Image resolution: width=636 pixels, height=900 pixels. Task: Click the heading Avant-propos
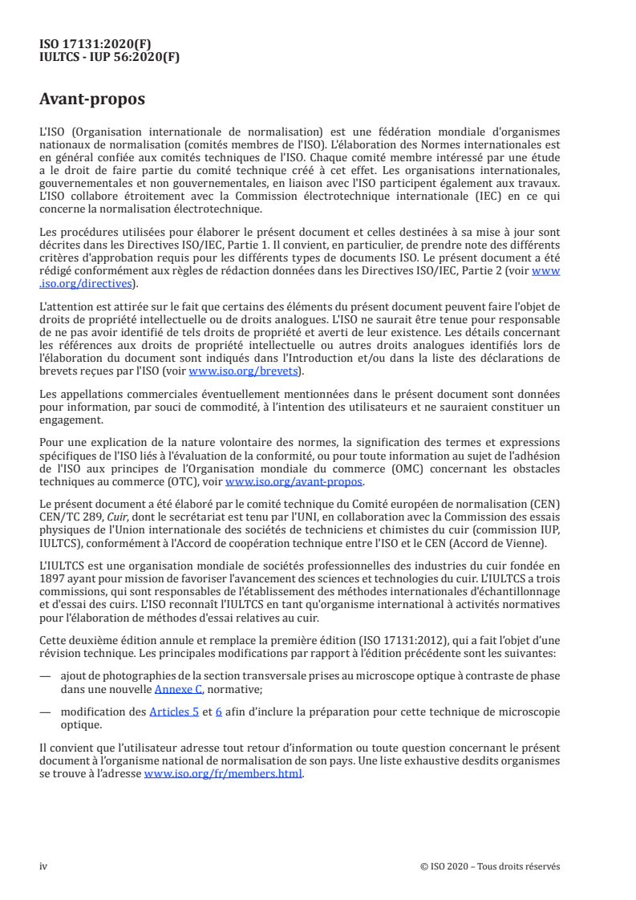pos(92,99)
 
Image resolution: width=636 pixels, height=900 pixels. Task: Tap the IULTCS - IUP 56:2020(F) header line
pos(109,58)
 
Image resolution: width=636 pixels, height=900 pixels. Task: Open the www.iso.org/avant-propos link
pos(294,482)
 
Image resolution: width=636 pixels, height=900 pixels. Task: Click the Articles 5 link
pos(174,711)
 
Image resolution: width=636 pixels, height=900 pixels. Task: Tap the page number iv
pos(43,866)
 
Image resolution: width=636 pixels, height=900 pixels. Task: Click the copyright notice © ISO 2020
pos(489,866)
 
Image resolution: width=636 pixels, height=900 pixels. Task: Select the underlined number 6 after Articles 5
pos(219,711)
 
